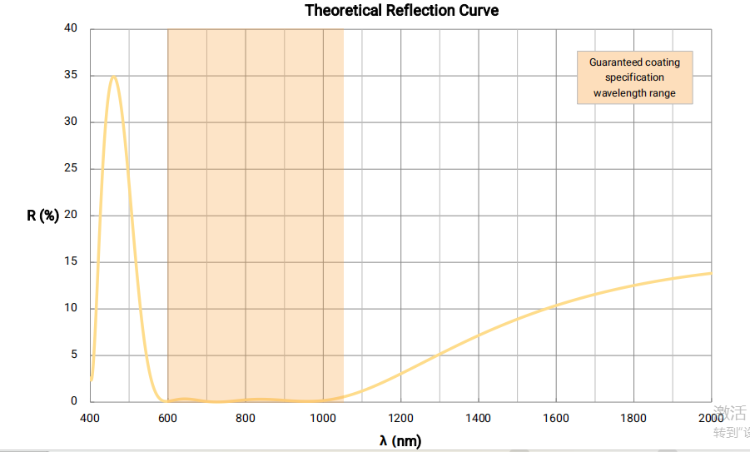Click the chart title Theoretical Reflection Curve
401,10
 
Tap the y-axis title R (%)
42,216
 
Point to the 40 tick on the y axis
71,28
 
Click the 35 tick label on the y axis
71,75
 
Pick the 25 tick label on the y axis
71,168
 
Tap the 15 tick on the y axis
71,261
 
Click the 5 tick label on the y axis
74,355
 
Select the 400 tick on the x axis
90,418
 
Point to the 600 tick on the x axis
167,418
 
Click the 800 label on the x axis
245,418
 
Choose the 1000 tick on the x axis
323,418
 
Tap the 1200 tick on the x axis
400,418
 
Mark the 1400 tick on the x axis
478,418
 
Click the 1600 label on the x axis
556,418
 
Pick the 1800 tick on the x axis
633,418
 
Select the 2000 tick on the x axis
711,418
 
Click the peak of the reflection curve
113,77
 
